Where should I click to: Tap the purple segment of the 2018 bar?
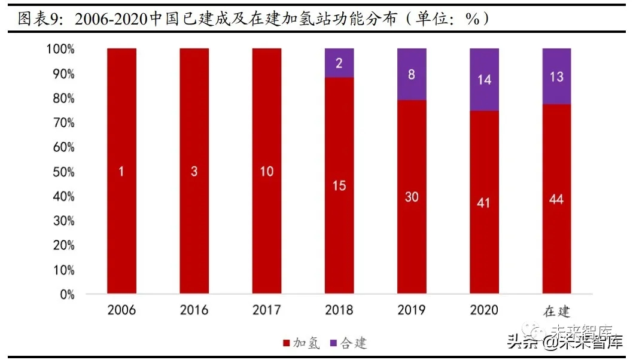click(339, 63)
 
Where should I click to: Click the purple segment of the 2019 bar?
click(412, 74)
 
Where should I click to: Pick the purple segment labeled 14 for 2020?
click(484, 80)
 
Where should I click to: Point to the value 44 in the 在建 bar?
click(556, 199)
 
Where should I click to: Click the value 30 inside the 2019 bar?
click(412, 197)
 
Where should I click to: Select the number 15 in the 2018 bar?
click(339, 186)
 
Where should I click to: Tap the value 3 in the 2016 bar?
click(194, 172)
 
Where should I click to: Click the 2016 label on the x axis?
click(194, 310)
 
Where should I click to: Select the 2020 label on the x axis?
click(484, 310)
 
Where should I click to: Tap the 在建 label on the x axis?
click(556, 311)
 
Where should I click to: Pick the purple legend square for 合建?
click(333, 343)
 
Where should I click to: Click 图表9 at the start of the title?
click(40, 19)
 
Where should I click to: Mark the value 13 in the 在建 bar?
click(556, 77)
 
